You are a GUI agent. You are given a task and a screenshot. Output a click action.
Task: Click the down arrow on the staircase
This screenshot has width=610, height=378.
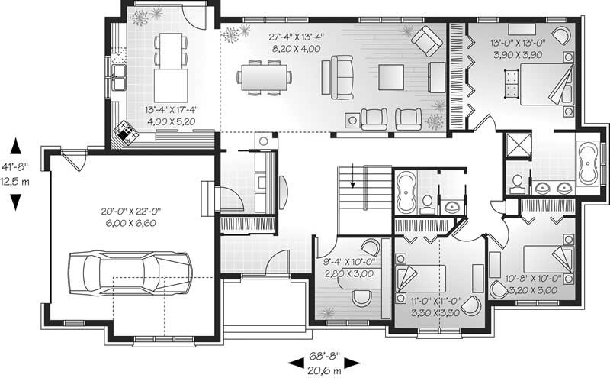coord(353,183)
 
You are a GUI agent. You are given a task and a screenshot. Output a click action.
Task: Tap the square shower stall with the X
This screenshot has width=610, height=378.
coord(518,147)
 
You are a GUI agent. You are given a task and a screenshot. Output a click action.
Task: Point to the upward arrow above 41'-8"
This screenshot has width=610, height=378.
coord(16,144)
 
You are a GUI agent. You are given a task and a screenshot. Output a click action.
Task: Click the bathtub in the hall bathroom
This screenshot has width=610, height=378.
coord(405,192)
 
